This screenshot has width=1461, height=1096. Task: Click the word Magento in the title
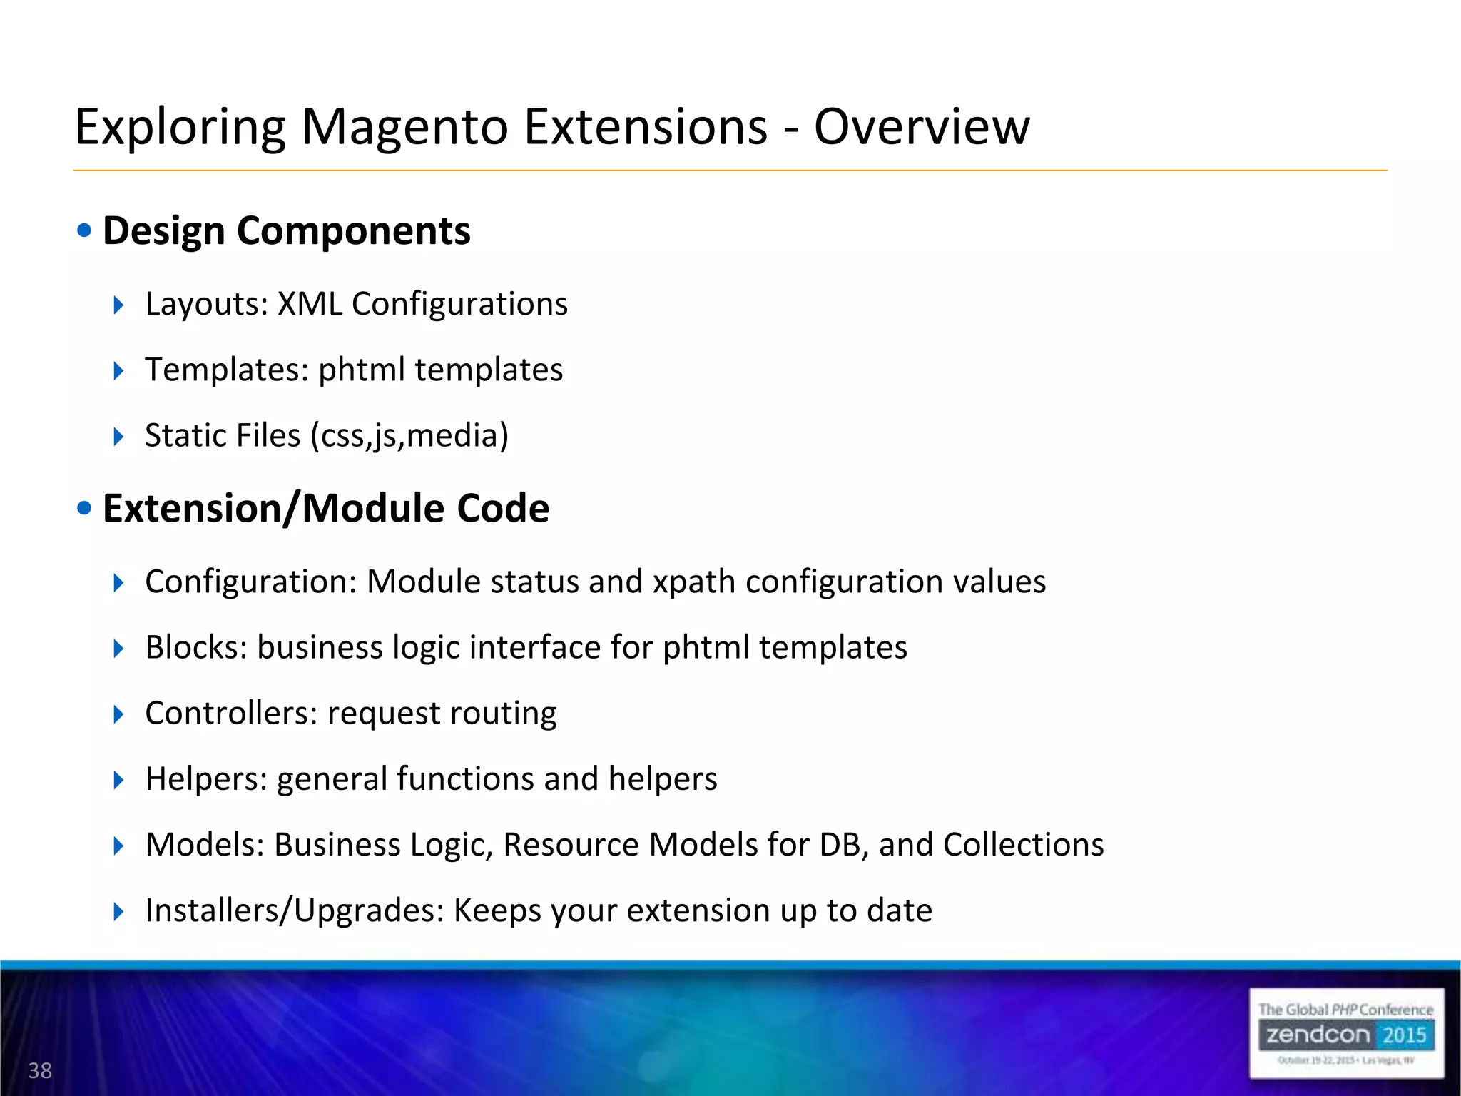405,127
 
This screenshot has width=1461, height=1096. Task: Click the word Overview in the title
922,127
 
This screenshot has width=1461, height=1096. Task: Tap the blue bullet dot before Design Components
85,230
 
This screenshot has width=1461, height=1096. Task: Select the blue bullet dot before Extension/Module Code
85,508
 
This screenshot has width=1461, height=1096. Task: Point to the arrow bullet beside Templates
118,370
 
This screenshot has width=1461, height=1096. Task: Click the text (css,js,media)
409,435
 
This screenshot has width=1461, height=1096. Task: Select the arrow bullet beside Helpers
118,779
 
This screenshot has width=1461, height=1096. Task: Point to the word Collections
1023,845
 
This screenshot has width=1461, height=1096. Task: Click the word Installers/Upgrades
295,910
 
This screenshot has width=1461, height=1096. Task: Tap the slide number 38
40,1070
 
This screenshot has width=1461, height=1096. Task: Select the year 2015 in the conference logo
1404,1035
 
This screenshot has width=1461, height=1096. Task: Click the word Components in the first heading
353,231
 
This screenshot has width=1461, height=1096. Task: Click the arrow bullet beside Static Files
118,436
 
